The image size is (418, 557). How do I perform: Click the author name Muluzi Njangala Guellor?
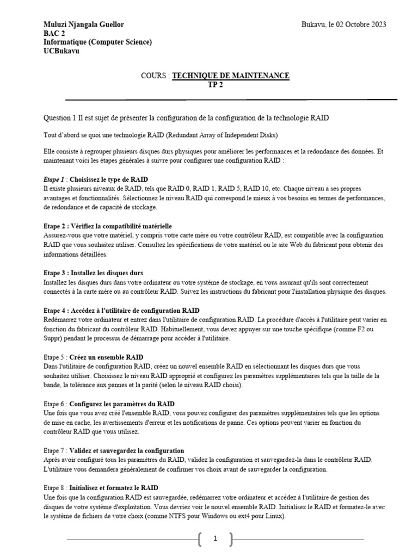pyautogui.click(x=83, y=24)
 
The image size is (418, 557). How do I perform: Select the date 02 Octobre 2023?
pyautogui.click(x=360, y=24)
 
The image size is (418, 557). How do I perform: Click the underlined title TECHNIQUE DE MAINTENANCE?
pyautogui.click(x=231, y=76)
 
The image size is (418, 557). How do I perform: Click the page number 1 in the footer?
pyautogui.click(x=216, y=539)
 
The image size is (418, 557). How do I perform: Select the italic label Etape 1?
pyautogui.click(x=54, y=179)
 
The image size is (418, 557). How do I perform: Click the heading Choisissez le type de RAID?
pyautogui.click(x=109, y=179)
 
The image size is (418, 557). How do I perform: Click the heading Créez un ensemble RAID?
pyautogui.click(x=107, y=357)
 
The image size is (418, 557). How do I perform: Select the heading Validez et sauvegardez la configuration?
pyautogui.click(x=127, y=450)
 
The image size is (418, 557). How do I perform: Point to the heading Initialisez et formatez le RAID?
pyautogui.click(x=114, y=488)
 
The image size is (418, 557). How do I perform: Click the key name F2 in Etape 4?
pyautogui.click(x=362, y=329)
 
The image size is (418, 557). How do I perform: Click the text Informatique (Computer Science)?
pyautogui.click(x=97, y=42)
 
